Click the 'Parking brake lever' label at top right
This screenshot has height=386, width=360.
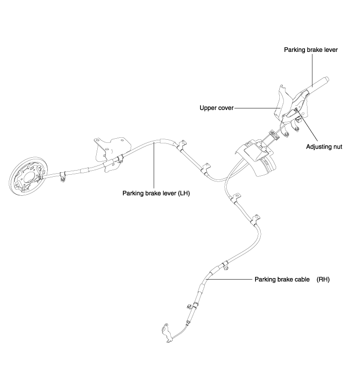[311, 50]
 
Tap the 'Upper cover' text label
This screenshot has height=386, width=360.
[217, 108]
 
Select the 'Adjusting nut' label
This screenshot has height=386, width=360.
[324, 146]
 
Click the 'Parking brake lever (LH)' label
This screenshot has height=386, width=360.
[156, 193]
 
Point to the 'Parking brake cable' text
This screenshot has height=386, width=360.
[282, 280]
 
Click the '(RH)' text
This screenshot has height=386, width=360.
[323, 280]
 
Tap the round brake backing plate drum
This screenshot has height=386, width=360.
[29, 176]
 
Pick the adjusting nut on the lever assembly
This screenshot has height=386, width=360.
[296, 109]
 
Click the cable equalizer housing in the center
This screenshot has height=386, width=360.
[256, 157]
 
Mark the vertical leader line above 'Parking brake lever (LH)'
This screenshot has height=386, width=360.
[154, 166]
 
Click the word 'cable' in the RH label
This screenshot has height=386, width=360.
[302, 280]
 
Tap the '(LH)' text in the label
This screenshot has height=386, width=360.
[184, 193]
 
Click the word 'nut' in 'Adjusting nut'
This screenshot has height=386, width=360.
[337, 146]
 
